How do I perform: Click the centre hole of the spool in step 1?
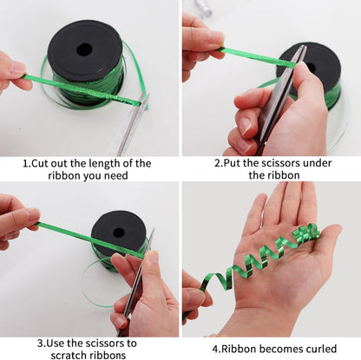click(x=84, y=50)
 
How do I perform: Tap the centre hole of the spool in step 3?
click(x=119, y=232)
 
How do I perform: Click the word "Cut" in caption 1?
click(x=40, y=163)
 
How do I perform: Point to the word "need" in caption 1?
click(x=116, y=175)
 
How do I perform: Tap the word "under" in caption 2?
click(x=317, y=163)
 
